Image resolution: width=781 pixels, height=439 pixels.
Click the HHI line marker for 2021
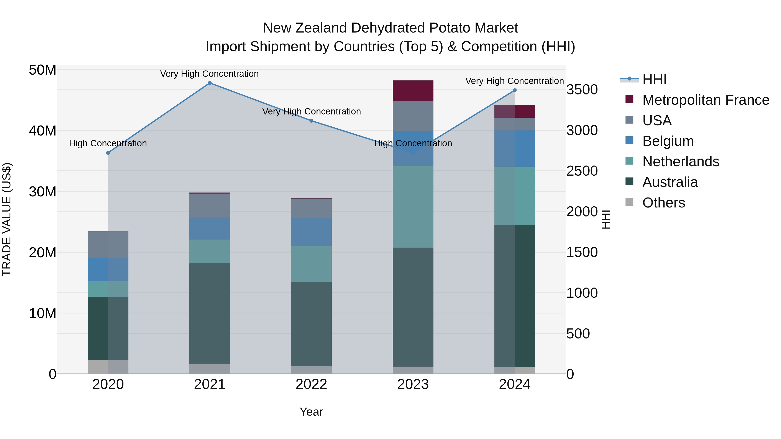coord(210,83)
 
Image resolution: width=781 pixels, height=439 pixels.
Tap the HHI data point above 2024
coord(515,90)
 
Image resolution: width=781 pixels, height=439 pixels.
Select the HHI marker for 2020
coord(108,153)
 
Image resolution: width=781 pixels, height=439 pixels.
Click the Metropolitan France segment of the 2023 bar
coord(413,91)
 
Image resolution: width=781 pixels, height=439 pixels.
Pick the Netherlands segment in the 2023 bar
coord(413,207)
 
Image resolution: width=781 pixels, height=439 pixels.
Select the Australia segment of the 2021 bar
coord(210,313)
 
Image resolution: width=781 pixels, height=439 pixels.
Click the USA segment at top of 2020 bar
coord(108,245)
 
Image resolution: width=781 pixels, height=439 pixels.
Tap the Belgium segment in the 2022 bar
coord(311,232)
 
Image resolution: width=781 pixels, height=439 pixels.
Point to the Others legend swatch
coord(629,202)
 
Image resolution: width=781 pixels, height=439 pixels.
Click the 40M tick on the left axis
coord(43,131)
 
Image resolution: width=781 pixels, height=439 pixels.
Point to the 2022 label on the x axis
coord(311,384)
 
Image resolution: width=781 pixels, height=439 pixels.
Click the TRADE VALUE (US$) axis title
coord(7,219)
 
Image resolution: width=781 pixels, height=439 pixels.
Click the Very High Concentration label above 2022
coord(311,111)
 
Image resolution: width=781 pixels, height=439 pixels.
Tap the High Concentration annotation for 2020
coord(108,143)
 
